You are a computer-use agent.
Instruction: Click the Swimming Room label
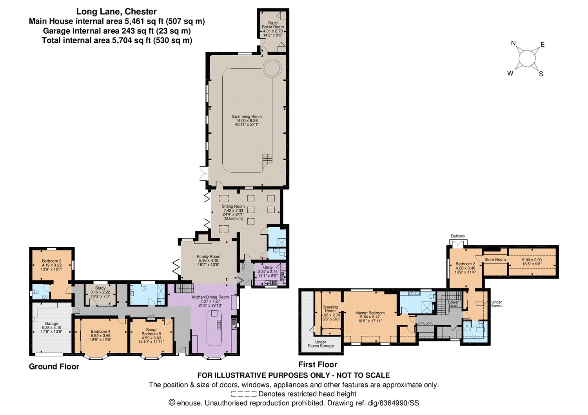pyautogui.click(x=247, y=116)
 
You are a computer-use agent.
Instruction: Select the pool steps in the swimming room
pyautogui.click(x=267, y=159)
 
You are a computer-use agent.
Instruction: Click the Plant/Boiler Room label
pyautogui.click(x=273, y=25)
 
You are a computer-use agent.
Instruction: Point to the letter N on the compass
pyautogui.click(x=513, y=43)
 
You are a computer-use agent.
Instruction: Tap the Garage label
pyautogui.click(x=51, y=324)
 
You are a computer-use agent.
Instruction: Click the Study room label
pyautogui.click(x=100, y=288)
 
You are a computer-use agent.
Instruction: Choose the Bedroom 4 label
pyautogui.click(x=100, y=332)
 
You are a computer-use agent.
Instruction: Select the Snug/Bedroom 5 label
pyautogui.click(x=151, y=332)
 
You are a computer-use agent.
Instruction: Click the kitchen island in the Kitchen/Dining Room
pyautogui.click(x=214, y=328)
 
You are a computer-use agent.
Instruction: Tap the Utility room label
pyautogui.click(x=268, y=268)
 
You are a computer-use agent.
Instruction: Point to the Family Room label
pyautogui.click(x=209, y=256)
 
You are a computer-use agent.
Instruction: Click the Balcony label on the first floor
pyautogui.click(x=458, y=236)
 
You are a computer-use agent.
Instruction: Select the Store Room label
pyautogui.click(x=495, y=259)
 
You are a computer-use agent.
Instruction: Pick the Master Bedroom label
pyautogui.click(x=370, y=313)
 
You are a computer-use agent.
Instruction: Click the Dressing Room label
pyautogui.click(x=330, y=309)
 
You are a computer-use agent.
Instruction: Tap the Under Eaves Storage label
pyautogui.click(x=321, y=344)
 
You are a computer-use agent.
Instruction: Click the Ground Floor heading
pyautogui.click(x=54, y=366)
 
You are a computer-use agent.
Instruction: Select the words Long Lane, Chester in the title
pyautogui.click(x=116, y=11)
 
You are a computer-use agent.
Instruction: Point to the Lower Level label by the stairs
pyautogui.click(x=453, y=304)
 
